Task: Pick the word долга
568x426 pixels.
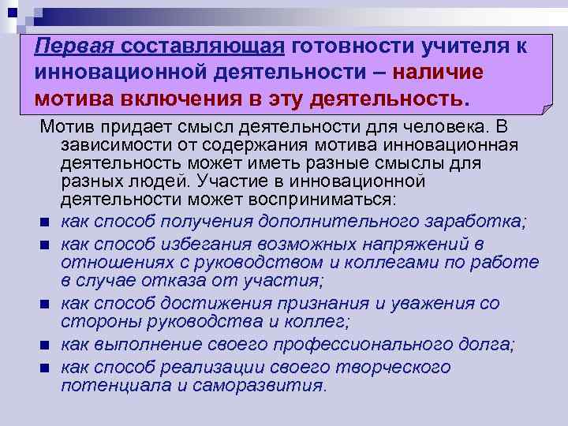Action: [x=486, y=343]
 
